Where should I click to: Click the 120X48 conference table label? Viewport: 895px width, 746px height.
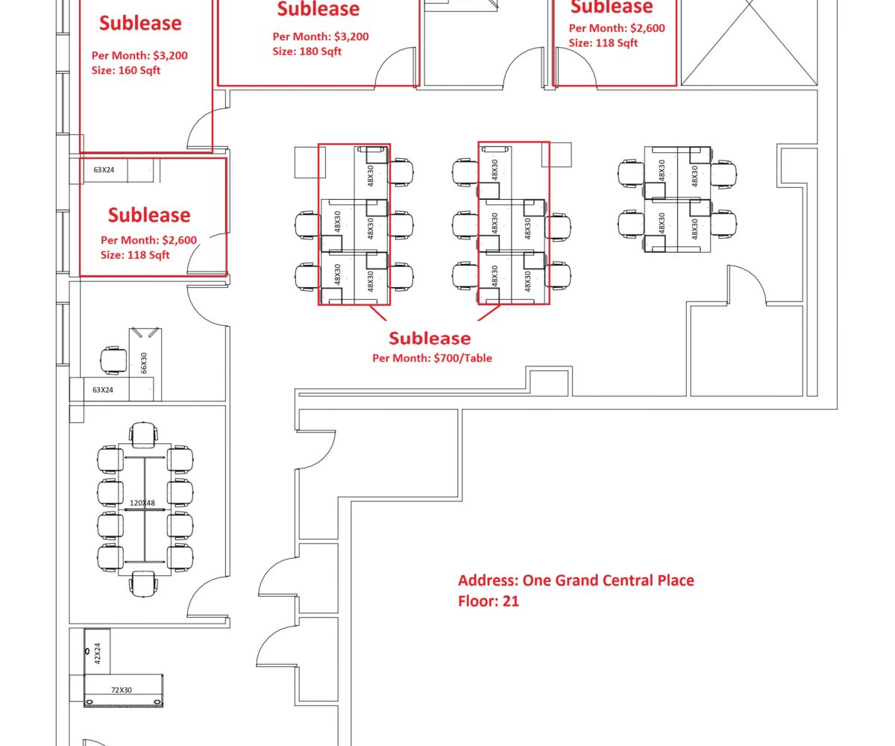click(x=142, y=503)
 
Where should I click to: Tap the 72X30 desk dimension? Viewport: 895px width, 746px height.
click(x=122, y=690)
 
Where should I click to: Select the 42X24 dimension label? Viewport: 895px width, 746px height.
click(x=97, y=653)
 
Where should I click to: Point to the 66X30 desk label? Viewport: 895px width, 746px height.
click(x=144, y=363)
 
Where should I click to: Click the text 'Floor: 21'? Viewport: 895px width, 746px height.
click(x=489, y=601)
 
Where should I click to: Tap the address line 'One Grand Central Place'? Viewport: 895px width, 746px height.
click(x=609, y=580)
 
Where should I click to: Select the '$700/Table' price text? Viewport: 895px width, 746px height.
click(x=463, y=358)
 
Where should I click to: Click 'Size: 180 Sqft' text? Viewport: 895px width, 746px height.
click(x=307, y=51)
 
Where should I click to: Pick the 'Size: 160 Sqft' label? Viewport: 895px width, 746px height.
click(x=125, y=70)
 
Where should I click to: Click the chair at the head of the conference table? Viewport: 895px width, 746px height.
click(x=143, y=435)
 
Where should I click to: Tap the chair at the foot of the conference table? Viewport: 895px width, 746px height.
click(x=143, y=583)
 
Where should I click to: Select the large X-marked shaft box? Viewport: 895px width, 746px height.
click(x=750, y=43)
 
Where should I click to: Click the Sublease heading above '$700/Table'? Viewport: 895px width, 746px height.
click(x=430, y=338)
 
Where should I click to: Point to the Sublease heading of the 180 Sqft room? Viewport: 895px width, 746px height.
click(x=318, y=9)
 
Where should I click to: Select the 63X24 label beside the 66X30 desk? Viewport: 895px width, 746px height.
click(x=103, y=389)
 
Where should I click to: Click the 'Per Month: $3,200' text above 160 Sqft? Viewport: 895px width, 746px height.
click(x=139, y=55)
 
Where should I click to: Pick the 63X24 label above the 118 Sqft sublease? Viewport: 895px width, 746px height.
click(x=104, y=170)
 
